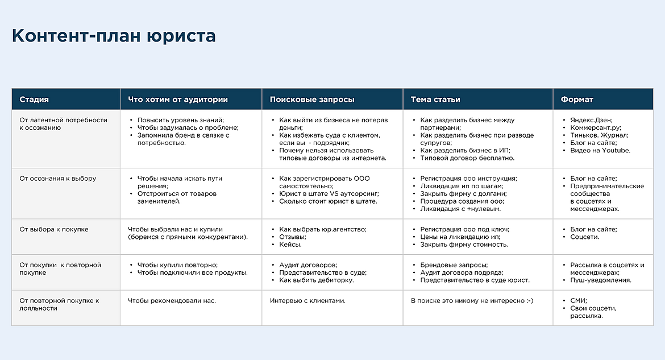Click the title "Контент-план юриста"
pyautogui.click(x=114, y=36)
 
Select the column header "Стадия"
pyautogui.click(x=34, y=100)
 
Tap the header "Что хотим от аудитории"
pyautogui.click(x=178, y=100)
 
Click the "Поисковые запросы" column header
pyautogui.click(x=312, y=100)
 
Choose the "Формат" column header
pyautogui.click(x=577, y=100)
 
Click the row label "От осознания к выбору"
pyautogui.click(x=58, y=179)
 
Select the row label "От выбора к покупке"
pyautogui.click(x=54, y=230)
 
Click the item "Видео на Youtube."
pyautogui.click(x=600, y=151)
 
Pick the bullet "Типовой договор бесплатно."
pyautogui.click(x=467, y=158)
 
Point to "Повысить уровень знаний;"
pyautogui.click(x=181, y=121)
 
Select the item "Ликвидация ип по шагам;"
pyautogui.click(x=462, y=186)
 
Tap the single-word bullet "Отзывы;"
pyautogui.click(x=293, y=237)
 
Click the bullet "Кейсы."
pyautogui.click(x=290, y=245)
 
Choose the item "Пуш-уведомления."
pyautogui.click(x=601, y=280)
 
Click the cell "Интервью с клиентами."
pyautogui.click(x=307, y=301)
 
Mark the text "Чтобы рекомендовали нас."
pyautogui.click(x=172, y=301)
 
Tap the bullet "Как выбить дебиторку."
pyautogui.click(x=316, y=280)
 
